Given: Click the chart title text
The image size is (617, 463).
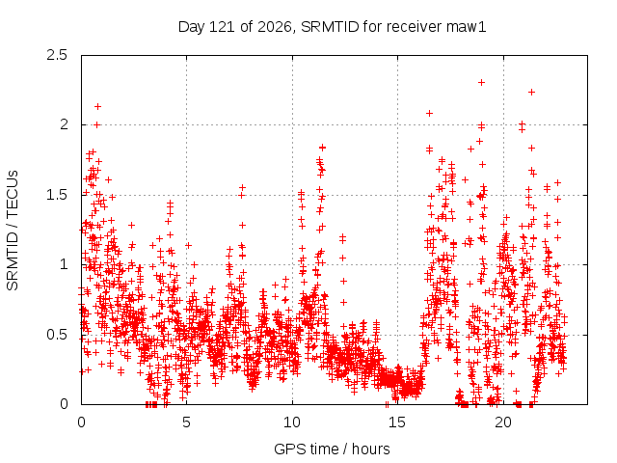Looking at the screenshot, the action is pos(332,27).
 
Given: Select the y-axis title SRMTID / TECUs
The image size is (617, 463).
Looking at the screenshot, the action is pos(13,231).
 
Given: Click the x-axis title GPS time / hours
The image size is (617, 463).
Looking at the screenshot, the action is pos(332,449).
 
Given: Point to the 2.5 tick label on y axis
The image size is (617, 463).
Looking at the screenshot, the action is pos(57,55).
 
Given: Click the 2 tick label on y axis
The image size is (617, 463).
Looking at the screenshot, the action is pos(64,124).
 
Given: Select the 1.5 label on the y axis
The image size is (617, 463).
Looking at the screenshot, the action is pos(57,195).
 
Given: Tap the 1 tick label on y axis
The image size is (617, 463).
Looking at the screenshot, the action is pos(65,264).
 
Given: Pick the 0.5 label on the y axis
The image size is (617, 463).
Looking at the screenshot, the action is pos(57,335).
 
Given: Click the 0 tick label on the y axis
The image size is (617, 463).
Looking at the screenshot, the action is pos(64,404).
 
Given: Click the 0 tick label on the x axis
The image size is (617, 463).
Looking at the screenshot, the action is pos(81,422).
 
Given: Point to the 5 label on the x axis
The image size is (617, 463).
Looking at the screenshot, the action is pos(186,422).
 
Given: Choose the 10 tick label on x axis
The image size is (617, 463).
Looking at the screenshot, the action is pos(292,422).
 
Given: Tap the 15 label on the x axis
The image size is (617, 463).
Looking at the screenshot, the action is pos(397,422).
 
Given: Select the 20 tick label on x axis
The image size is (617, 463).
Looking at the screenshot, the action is pos(503,422).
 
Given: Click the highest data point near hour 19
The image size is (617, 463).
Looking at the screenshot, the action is pos(481,82).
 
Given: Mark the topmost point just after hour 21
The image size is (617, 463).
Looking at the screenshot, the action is pos(531,93).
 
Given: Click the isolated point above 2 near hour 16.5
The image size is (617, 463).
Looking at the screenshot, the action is pos(429,114).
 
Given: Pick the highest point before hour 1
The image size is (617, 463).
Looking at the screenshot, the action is pos(98,106).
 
